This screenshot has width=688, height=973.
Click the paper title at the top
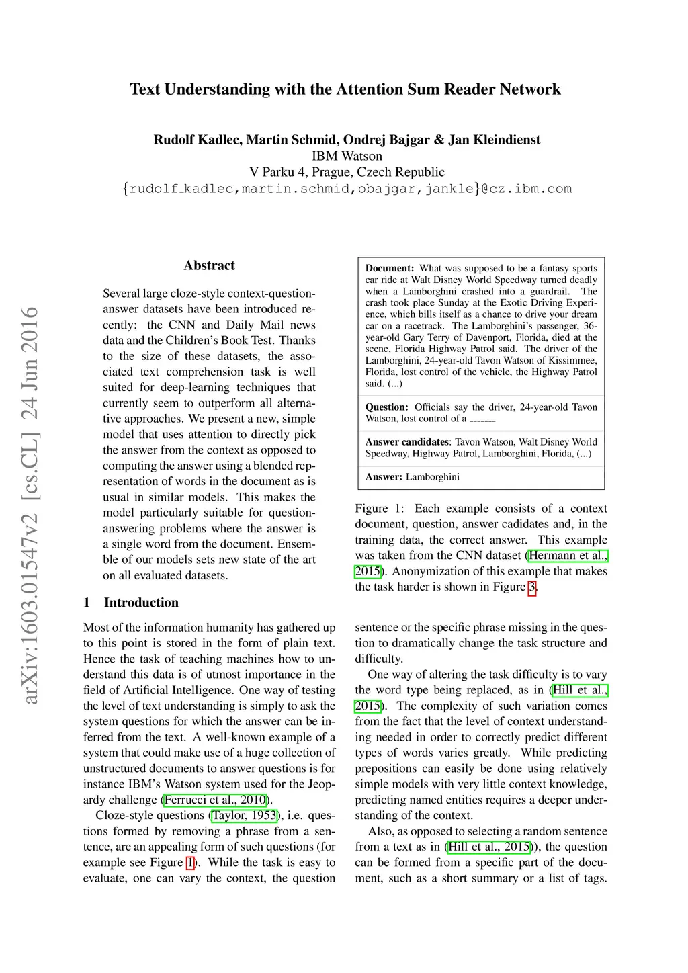coord(345,89)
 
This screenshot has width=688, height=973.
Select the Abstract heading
coord(209,265)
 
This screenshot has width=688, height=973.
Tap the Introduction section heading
coord(141,603)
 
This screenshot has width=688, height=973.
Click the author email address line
coord(347,189)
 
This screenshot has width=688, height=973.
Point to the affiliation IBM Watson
coord(347,156)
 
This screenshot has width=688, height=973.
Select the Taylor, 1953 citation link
coord(245,816)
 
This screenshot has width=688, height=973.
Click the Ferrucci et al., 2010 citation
coord(216,800)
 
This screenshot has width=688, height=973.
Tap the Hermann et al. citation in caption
coord(568,556)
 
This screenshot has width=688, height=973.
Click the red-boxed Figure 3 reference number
coord(532,587)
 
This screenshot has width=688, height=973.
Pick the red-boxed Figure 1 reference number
coord(190,863)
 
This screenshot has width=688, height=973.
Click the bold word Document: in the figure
coord(390,268)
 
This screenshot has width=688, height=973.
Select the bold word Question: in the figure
coord(386,407)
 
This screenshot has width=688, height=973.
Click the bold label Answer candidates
coord(407,442)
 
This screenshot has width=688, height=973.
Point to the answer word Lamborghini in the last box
coord(433,477)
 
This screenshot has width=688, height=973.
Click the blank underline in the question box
coord(482,419)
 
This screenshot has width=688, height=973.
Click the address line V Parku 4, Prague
coord(347,172)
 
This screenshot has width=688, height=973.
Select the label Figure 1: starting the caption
coord(380,509)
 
